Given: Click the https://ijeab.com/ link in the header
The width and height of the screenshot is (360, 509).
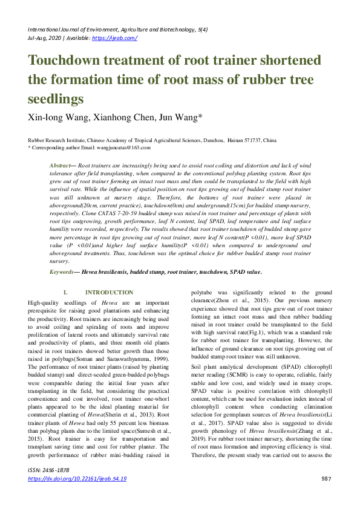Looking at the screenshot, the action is click(114, 38).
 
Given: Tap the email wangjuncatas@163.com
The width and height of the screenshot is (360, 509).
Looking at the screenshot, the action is click(125, 147).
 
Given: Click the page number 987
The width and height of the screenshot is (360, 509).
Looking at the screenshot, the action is click(326, 479).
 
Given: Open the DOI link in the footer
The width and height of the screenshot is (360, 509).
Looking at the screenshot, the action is click(77, 479).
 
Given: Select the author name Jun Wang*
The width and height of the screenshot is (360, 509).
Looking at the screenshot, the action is click(182, 118).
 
